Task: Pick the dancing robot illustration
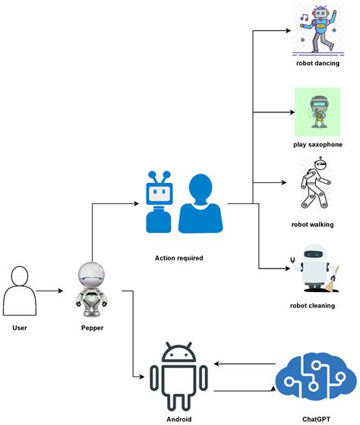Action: click(317, 30)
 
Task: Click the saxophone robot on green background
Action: click(317, 111)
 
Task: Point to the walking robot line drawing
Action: click(317, 185)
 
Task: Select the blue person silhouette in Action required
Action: click(201, 203)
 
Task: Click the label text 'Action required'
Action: click(179, 258)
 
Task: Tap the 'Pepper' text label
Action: click(92, 328)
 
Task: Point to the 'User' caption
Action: click(20, 328)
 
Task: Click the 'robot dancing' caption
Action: click(317, 63)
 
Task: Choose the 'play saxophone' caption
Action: click(317, 144)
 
